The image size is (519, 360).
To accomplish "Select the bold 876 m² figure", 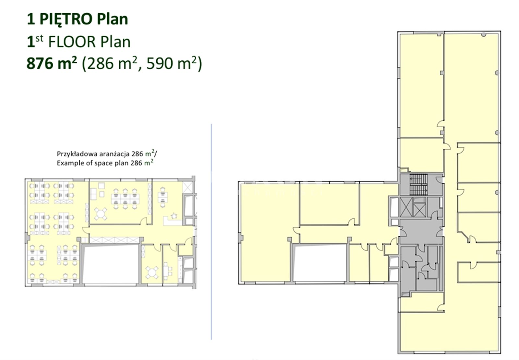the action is click(52, 63).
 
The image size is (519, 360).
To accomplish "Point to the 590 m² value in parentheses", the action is click(172, 63).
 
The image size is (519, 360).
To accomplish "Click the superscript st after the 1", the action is click(39, 38).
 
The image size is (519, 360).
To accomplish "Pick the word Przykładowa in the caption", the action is click(77, 154).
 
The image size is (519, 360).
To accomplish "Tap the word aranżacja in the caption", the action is click(115, 154).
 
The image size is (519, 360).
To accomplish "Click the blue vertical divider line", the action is click(211, 231).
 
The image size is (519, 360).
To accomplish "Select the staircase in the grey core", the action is click(418, 184).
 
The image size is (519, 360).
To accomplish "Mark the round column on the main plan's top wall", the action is click(484, 35).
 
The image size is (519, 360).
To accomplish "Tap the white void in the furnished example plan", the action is click(111, 264).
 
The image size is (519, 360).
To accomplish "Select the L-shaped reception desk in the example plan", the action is click(172, 221).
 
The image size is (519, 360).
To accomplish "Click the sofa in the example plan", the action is click(93, 194).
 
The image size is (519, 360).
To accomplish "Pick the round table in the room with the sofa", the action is click(101, 214).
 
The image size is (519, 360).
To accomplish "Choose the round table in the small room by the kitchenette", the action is click(152, 273).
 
